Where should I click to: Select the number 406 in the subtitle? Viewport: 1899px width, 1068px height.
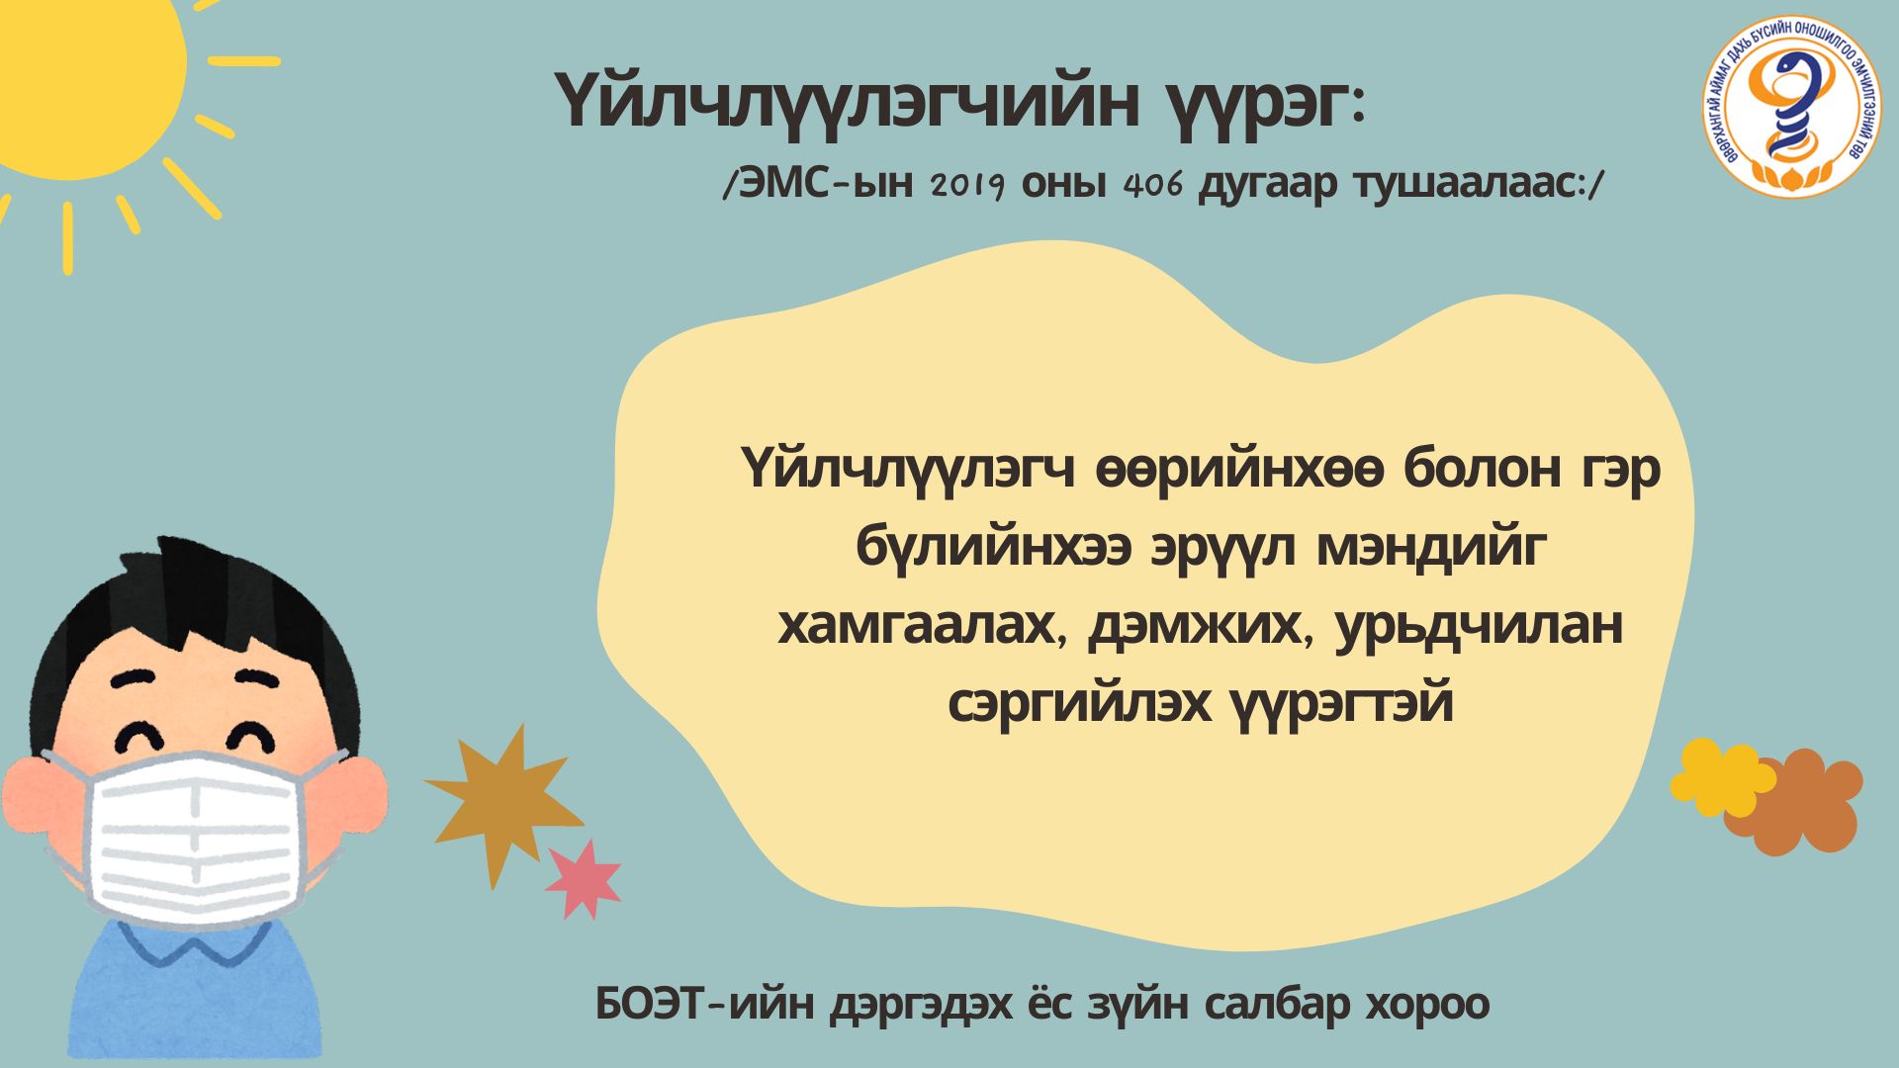coord(1154,185)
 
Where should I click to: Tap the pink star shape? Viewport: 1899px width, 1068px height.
coord(583,879)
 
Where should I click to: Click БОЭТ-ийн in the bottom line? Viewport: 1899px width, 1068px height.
coord(706,1005)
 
